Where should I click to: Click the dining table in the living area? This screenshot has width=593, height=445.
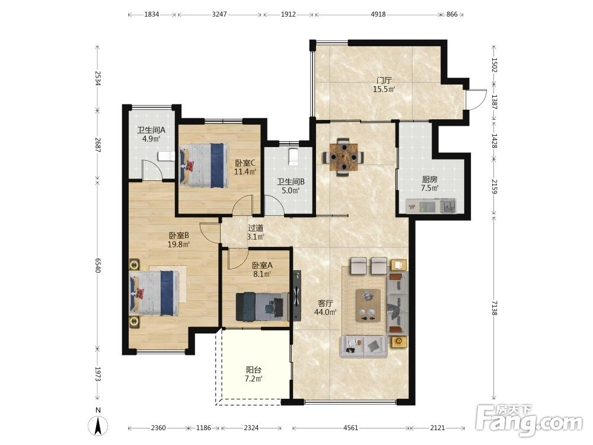pyautogui.click(x=343, y=156)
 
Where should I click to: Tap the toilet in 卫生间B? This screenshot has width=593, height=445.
pyautogui.click(x=294, y=157)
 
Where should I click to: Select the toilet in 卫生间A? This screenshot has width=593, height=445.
pyautogui.click(x=165, y=156)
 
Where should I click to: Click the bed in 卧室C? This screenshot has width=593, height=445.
pyautogui.click(x=204, y=165)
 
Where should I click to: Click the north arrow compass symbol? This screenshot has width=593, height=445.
pyautogui.click(x=98, y=425)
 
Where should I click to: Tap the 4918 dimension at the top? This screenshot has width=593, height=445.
pyautogui.click(x=378, y=14)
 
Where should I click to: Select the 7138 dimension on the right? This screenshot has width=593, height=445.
pyautogui.click(x=494, y=307)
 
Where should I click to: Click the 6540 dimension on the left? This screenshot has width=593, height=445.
pyautogui.click(x=98, y=266)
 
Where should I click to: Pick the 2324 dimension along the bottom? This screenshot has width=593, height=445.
pyautogui.click(x=251, y=428)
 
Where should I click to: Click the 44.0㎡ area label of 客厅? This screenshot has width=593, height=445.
pyautogui.click(x=325, y=312)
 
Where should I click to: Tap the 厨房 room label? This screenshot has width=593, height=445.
pyautogui.click(x=429, y=179)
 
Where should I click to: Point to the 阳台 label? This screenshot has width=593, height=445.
pyautogui.click(x=254, y=370)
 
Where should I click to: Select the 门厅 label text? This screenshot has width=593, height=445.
pyautogui.click(x=384, y=81)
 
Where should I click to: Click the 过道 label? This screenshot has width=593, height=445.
pyautogui.click(x=256, y=228)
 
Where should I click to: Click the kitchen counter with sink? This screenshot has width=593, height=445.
pyautogui.click(x=431, y=206)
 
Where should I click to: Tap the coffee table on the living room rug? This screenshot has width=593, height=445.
pyautogui.click(x=368, y=306)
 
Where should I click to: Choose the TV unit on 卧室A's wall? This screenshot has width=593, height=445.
pyautogui.click(x=297, y=295)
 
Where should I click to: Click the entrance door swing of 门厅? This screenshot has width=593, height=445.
pyautogui.click(x=476, y=100)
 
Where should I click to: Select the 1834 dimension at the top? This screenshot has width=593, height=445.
pyautogui.click(x=152, y=14)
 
